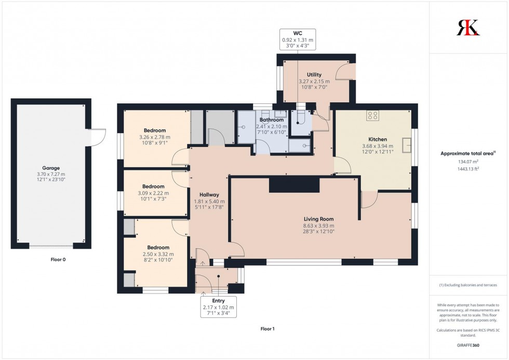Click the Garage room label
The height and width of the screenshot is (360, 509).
51,168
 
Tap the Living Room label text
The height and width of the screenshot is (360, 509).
319,219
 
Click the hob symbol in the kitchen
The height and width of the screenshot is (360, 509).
372,115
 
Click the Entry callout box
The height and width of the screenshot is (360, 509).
219,306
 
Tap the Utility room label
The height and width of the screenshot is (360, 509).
314,75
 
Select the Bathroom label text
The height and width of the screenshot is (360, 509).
272,120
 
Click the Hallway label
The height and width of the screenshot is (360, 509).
209,194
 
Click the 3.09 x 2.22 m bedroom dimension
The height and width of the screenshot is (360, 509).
154,193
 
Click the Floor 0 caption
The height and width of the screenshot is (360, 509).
51,259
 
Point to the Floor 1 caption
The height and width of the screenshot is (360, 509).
267,329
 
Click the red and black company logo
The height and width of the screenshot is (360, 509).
468,28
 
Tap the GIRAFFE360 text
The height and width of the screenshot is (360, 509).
468,345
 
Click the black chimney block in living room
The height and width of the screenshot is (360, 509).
294,184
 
